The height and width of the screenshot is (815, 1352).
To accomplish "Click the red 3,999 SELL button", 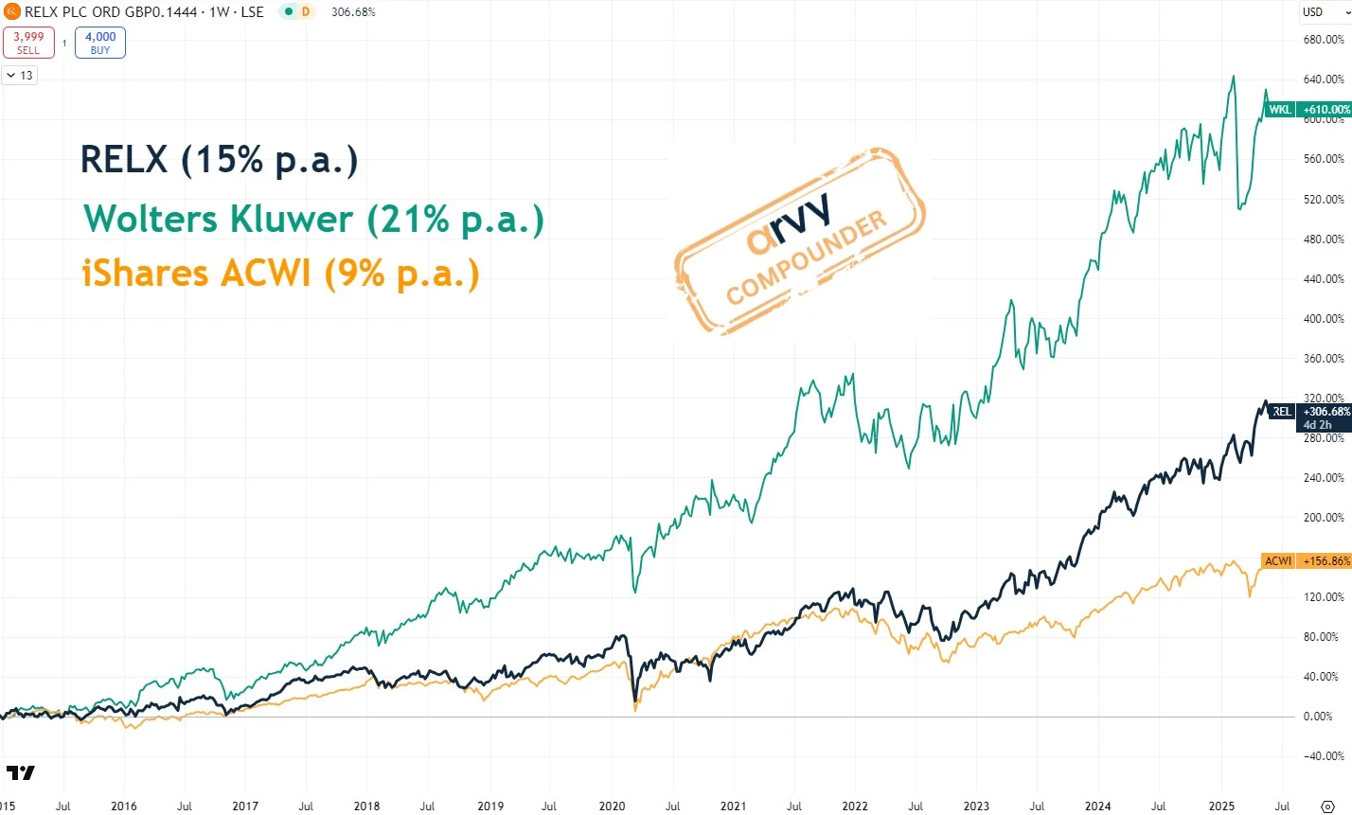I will coord(28,43).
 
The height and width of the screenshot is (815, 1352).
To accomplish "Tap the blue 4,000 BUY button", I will coord(100,43).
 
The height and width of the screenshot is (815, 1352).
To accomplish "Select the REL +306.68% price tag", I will coord(1309,412).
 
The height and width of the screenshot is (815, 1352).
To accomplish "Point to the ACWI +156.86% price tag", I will coord(1306,561).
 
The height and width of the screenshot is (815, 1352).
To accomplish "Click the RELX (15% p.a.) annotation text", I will coord(220,160).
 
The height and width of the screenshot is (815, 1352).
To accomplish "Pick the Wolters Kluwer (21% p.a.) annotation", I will coord(313,220).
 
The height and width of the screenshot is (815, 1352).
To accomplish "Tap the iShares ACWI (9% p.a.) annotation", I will coord(281,274).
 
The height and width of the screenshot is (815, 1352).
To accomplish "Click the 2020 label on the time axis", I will coord(612,806).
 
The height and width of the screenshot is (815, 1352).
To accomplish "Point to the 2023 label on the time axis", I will coord(976,806).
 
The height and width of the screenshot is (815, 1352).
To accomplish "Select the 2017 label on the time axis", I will coord(245,806).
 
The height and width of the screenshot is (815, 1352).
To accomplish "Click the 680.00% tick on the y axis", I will coord(1324,40).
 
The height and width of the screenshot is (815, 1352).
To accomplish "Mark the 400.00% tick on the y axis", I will coord(1324,319).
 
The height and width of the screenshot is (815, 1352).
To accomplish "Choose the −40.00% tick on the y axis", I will coord(1324,756).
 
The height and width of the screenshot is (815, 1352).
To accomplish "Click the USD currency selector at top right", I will coord(1312,12).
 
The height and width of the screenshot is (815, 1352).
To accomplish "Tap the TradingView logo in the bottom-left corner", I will coord(20,773).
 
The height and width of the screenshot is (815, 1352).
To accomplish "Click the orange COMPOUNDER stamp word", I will coord(807,257).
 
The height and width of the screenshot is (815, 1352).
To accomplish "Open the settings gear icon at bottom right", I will coord(1327,806).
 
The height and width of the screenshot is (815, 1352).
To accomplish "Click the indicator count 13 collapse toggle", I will coord(19,75).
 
